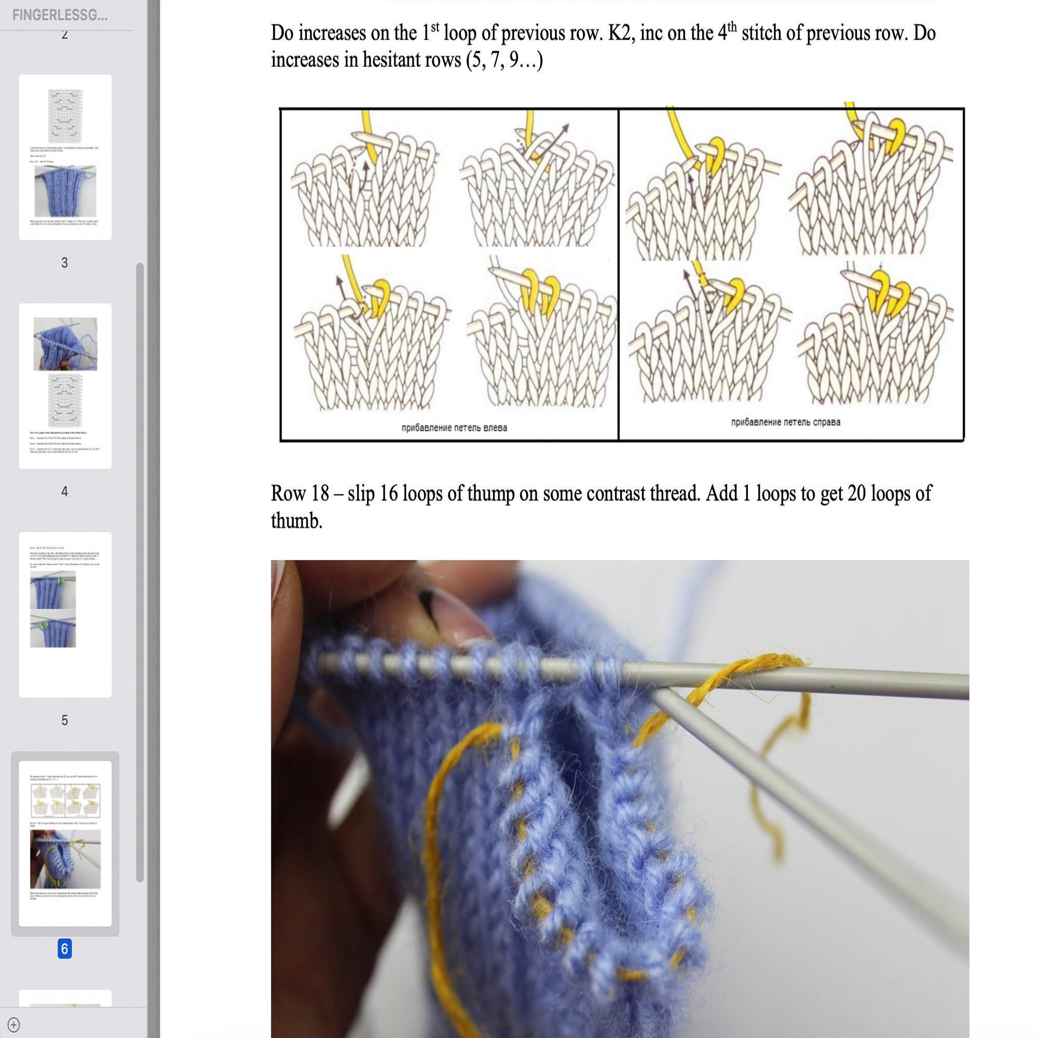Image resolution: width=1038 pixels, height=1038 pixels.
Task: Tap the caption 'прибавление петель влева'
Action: pos(454,428)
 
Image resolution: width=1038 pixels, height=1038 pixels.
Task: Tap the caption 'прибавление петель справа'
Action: pos(785,422)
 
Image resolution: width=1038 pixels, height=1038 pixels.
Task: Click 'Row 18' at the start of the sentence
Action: pos(299,493)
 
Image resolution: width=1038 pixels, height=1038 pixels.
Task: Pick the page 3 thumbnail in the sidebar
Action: pos(65,157)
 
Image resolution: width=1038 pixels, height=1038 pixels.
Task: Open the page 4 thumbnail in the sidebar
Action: pos(65,386)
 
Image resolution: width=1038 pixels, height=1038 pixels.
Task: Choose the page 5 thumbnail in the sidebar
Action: pos(65,614)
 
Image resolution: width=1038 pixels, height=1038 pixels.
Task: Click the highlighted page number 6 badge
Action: pos(64,949)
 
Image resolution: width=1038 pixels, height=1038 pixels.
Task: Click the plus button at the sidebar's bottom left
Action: pos(14,1024)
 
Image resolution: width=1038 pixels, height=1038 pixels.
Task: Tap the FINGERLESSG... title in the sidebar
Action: pos(60,15)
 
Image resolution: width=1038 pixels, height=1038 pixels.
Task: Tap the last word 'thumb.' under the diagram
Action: pos(296,521)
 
